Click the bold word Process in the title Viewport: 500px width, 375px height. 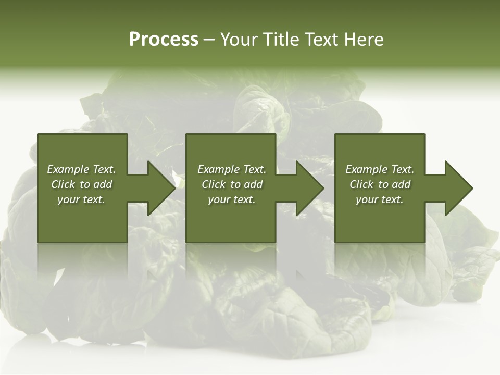164,40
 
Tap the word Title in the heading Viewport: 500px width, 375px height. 281,40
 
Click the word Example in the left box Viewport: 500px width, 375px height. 68,169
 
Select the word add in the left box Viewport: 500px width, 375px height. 103,184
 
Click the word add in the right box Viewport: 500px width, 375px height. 402,184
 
